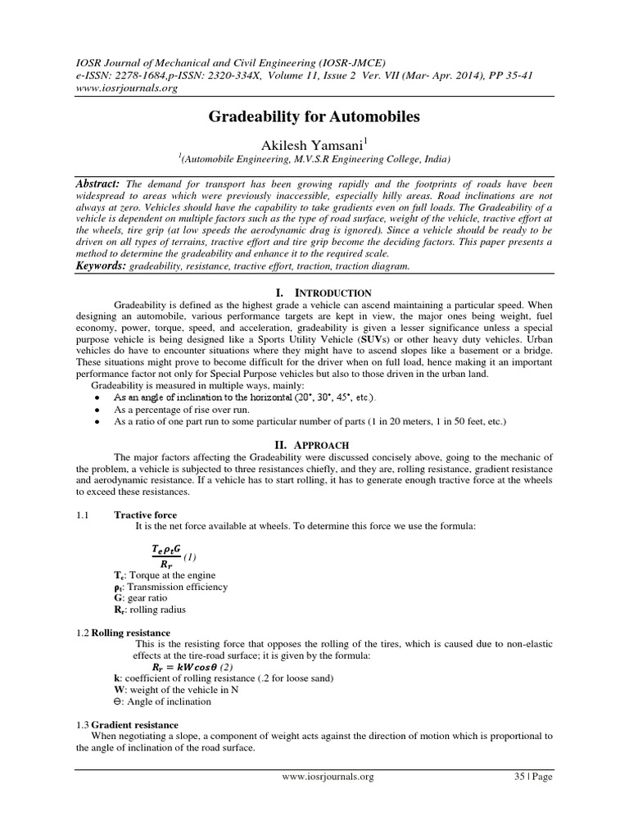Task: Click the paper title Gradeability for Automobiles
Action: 314,117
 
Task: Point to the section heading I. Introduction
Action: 314,293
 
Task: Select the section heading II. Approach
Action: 314,442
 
